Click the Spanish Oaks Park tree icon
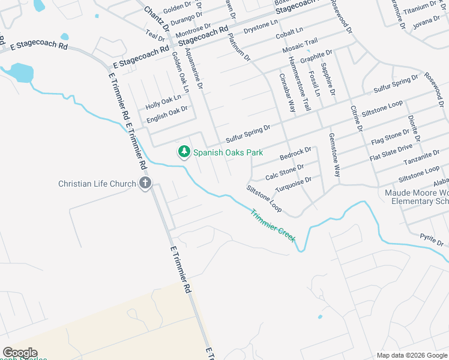[x=184, y=152]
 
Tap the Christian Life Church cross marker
[x=145, y=184]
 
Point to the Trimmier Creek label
[x=273, y=225]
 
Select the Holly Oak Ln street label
[x=163, y=101]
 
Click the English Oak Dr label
[x=167, y=113]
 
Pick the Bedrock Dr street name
[x=296, y=154]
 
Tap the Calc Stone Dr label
[x=285, y=172]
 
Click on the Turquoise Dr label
[x=294, y=184]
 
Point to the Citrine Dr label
[x=356, y=118]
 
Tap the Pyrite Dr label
[x=432, y=240]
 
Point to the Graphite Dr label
[x=316, y=57]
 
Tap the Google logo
[x=20, y=353]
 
